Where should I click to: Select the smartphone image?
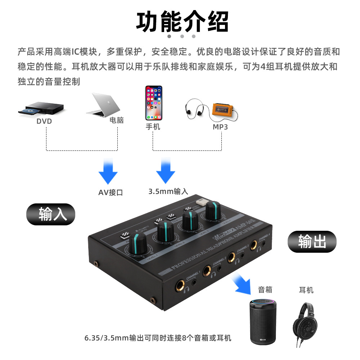pyautogui.click(x=154, y=103)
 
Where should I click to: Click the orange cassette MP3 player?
pyautogui.click(x=224, y=109)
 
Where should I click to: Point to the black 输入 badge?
pyautogui.click(x=51, y=214)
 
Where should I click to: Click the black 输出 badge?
pyautogui.click(x=312, y=241)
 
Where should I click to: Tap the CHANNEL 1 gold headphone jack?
pyautogui.click(x=179, y=287)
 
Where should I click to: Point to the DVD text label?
pyautogui.click(x=44, y=121)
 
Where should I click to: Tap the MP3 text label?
pyautogui.click(x=220, y=127)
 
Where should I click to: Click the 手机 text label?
pyautogui.click(x=153, y=127)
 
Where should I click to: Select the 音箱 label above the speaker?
pyautogui.click(x=265, y=289)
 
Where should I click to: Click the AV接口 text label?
pyautogui.click(x=111, y=193)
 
